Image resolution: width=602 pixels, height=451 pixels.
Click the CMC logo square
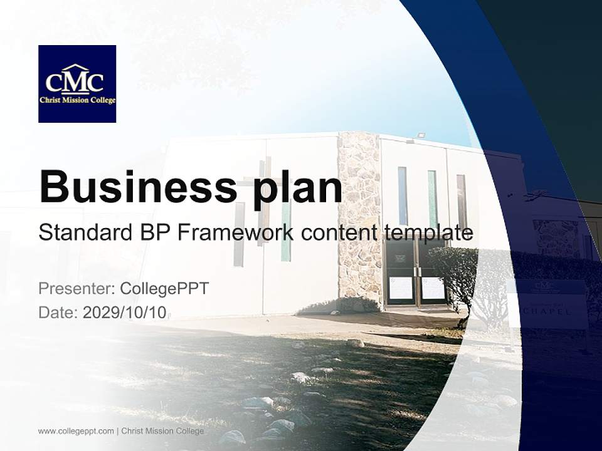pos(77,83)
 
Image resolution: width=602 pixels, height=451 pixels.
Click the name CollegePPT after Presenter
pos(164,289)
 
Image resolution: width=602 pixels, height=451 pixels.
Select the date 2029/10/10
pos(124,313)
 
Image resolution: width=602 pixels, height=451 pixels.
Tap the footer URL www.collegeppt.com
pos(76,431)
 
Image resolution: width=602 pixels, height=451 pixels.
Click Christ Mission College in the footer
pos(162,431)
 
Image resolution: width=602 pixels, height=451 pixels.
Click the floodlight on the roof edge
pos(421,135)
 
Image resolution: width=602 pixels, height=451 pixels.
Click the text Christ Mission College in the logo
pos(77,100)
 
